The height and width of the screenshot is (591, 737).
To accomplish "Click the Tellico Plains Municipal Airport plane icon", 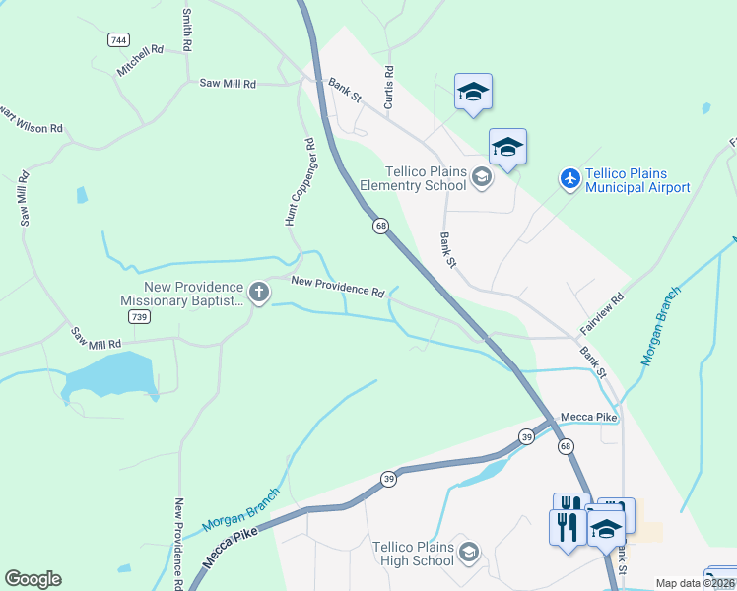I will [569, 179].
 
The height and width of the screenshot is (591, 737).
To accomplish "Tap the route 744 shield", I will [118, 40].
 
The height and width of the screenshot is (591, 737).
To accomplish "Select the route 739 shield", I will [138, 317].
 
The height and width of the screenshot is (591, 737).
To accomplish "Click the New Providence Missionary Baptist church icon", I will [259, 292].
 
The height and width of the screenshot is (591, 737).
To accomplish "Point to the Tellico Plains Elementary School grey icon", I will [482, 177].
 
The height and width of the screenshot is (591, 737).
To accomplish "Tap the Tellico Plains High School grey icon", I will [469, 553].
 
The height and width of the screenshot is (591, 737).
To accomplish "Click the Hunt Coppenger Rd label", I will [299, 182].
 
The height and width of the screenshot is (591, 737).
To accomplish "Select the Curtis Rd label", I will [389, 87].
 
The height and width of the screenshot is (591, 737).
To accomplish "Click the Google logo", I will [33, 579].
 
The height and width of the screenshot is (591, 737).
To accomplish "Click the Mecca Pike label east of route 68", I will [588, 418].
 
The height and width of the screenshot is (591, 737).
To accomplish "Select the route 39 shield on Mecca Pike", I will [388, 478].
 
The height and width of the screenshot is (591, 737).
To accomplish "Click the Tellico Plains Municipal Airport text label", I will [636, 179].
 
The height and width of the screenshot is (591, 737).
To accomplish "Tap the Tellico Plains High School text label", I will [413, 554].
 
